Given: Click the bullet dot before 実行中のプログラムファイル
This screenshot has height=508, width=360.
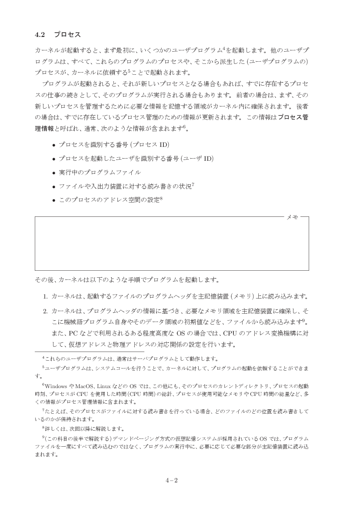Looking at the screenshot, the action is pos(53,173).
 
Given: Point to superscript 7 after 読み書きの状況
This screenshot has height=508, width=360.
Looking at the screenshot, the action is pos(193,185).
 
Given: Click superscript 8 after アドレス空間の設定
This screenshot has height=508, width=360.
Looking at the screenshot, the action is pos(161,198).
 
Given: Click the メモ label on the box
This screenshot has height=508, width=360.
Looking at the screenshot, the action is pos(292,216).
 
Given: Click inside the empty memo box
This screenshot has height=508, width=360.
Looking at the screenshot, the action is pos(172,243).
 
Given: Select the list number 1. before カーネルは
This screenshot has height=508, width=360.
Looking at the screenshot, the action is pos(45,297).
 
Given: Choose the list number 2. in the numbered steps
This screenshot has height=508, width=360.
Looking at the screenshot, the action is pos(45,311).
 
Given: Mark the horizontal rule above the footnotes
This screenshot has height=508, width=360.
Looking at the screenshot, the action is pos(89,351).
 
